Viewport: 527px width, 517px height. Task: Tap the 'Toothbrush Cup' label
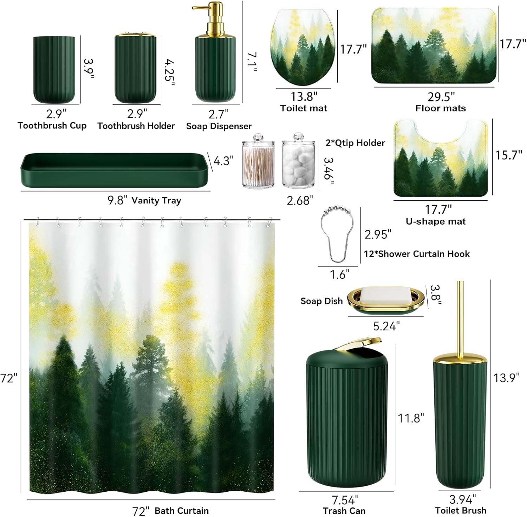(52, 125)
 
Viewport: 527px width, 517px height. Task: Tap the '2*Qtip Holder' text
(355, 143)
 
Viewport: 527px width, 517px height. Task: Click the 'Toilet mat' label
(304, 108)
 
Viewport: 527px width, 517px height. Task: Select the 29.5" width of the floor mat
(441, 96)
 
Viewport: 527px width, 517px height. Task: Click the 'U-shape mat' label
(435, 221)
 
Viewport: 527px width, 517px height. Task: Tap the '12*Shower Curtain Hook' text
(417, 254)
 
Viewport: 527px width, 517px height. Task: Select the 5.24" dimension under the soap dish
(386, 326)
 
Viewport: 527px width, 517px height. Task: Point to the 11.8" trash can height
(411, 418)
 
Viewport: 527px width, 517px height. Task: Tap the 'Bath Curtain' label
(181, 510)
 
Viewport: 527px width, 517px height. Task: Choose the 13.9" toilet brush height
(506, 378)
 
